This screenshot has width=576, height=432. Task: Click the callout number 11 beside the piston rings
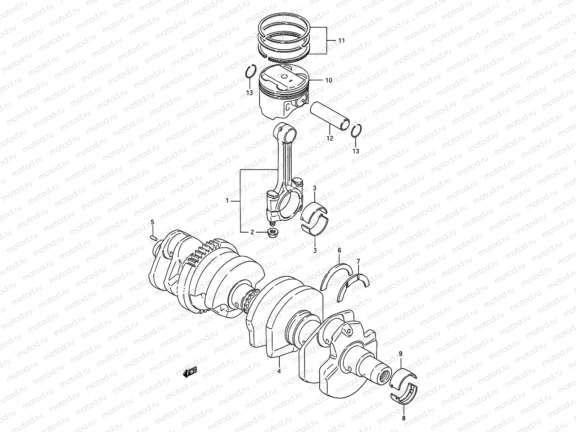(341, 41)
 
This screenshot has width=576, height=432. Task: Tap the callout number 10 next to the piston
(328, 80)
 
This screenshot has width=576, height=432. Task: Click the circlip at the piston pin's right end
(356, 132)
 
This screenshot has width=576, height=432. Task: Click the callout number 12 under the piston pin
(330, 138)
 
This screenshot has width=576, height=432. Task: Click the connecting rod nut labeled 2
(272, 233)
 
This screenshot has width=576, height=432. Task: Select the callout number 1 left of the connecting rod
(227, 201)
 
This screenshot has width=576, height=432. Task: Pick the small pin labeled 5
(153, 237)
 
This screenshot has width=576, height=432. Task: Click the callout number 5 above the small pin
(152, 222)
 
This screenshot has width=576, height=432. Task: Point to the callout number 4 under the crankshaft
(279, 371)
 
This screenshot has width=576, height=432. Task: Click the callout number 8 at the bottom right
(404, 418)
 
